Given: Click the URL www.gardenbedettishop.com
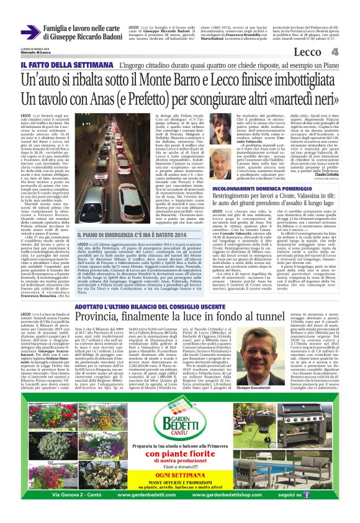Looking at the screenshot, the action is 246,495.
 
